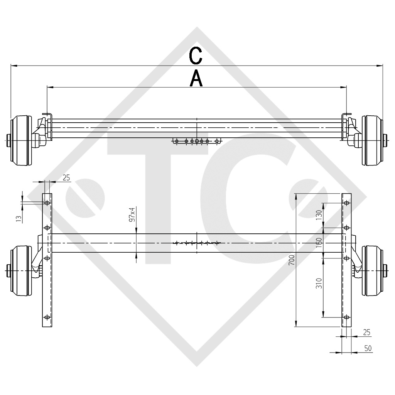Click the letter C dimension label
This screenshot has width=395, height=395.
tap(196, 56)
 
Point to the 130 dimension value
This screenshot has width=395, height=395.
tap(319, 215)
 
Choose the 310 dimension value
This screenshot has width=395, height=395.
tap(319, 284)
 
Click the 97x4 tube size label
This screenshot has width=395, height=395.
tap(132, 214)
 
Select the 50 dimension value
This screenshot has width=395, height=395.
tap(368, 348)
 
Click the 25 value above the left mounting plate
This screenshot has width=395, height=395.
tap(66, 177)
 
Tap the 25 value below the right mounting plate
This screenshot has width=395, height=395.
tap(367, 332)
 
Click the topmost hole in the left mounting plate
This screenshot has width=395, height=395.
tap(47, 203)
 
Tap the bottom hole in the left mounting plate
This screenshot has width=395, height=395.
tap(47, 317)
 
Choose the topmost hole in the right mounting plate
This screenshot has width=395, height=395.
tap(346, 203)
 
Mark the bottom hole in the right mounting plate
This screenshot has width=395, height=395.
tap(346, 317)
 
